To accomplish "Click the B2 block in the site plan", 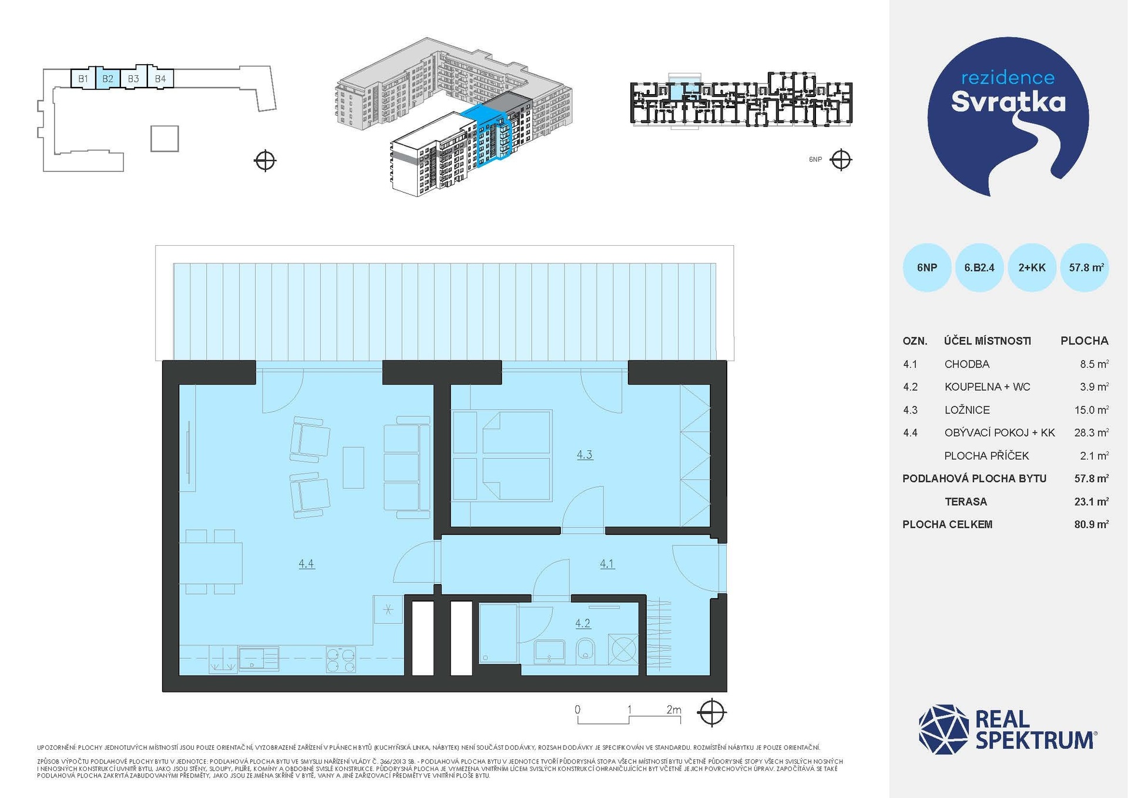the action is coord(108,78).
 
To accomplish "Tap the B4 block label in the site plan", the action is coord(160,79).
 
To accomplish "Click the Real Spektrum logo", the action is coord(1008,729).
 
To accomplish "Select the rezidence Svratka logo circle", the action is coord(1008,116).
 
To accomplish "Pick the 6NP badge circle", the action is coord(927,268).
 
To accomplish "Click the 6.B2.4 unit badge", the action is coord(979,268).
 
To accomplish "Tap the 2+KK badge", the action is coord(1032,268).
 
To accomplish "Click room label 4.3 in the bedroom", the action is coord(585,455).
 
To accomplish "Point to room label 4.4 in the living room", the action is coord(306,563).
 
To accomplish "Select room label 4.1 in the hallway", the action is coord(607,563).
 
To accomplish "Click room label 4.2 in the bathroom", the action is coord(583,623).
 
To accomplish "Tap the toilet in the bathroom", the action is coord(586,651).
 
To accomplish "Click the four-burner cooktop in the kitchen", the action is coord(341,659).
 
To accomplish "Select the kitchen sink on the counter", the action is coord(258,659).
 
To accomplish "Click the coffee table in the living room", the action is coord(353,468).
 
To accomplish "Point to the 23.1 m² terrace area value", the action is coord(1092,502).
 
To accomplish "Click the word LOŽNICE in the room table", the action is coord(967,410).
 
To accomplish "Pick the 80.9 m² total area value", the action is coord(1092,525).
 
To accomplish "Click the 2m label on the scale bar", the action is coord(674,710).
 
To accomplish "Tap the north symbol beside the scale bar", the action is coord(711,713).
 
